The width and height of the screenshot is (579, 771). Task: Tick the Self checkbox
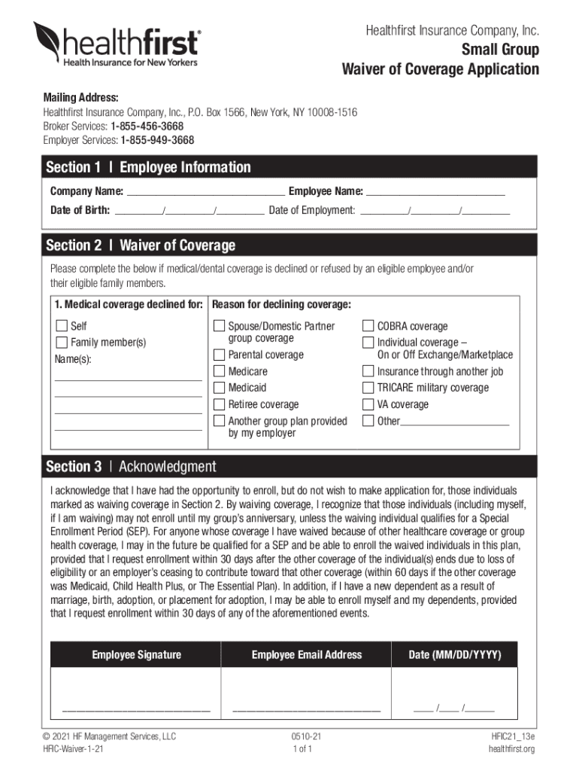pyautogui.click(x=62, y=326)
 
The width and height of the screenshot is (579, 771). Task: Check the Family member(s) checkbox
pyautogui.click(x=62, y=343)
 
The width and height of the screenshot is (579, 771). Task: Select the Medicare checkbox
pyautogui.click(x=219, y=371)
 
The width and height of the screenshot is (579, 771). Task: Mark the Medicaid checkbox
pyautogui.click(x=219, y=388)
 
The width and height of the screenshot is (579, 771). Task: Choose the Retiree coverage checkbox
pyautogui.click(x=219, y=404)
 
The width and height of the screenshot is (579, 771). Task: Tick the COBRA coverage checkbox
pyautogui.click(x=368, y=326)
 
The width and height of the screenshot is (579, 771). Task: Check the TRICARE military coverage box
pyautogui.click(x=368, y=388)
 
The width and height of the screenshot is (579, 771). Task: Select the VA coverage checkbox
pyautogui.click(x=368, y=404)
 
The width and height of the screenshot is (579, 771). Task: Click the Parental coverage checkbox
pyautogui.click(x=219, y=355)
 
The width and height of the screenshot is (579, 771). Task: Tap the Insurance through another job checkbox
pyautogui.click(x=368, y=371)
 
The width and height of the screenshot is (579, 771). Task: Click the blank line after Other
pyautogui.click(x=454, y=422)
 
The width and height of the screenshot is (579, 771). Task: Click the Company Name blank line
pyautogui.click(x=205, y=193)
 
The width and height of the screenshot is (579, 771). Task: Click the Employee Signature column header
pyautogui.click(x=136, y=655)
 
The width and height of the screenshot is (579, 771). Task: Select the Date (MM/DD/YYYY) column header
pyautogui.click(x=454, y=655)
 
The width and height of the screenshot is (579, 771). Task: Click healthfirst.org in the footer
pyautogui.click(x=511, y=749)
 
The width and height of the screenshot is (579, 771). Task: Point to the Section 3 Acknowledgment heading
pyautogui.click(x=131, y=467)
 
